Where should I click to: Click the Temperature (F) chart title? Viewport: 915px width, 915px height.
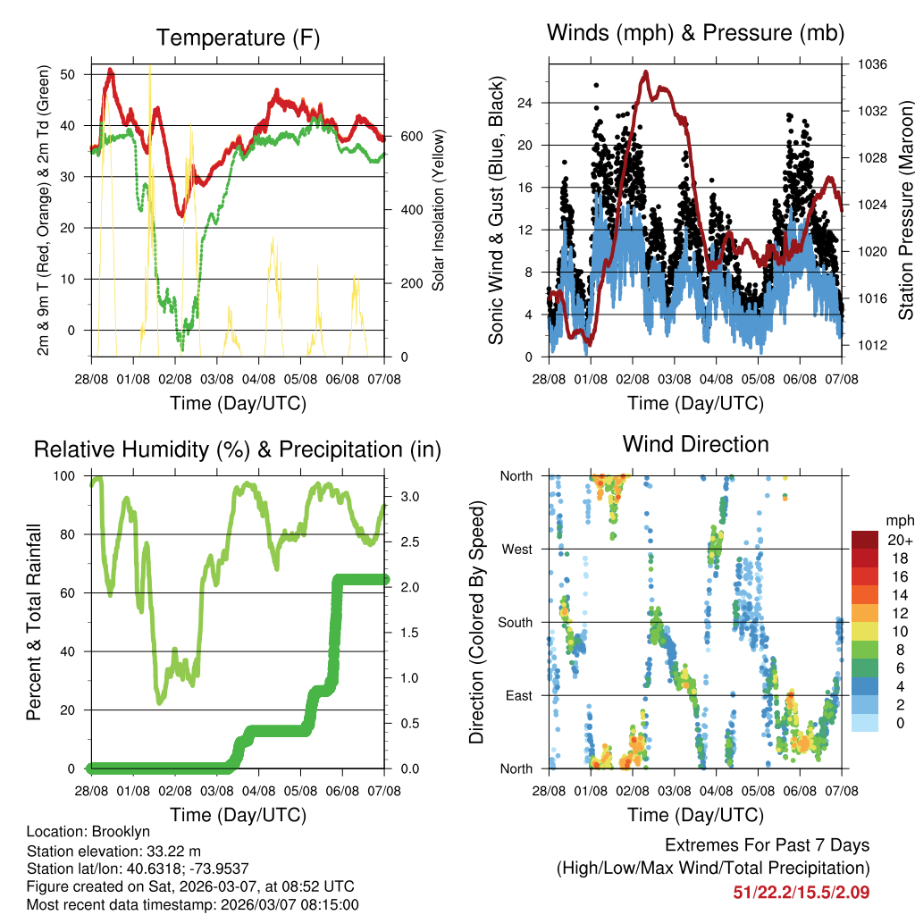(238, 38)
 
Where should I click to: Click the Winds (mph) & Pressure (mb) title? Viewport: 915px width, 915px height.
(695, 33)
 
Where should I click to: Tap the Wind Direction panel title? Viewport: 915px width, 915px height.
(695, 444)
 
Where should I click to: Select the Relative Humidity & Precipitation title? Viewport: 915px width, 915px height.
(238, 449)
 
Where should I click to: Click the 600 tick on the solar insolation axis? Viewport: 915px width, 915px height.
(411, 136)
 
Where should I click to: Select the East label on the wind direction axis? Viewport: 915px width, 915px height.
(516, 695)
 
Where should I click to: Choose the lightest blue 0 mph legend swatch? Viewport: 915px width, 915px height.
(865, 722)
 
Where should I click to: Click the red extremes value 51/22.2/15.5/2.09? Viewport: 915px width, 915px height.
(802, 892)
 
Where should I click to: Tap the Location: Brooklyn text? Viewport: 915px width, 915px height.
(88, 832)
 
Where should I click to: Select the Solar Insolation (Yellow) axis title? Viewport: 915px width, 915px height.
(439, 210)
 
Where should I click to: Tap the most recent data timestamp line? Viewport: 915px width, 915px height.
(192, 904)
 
